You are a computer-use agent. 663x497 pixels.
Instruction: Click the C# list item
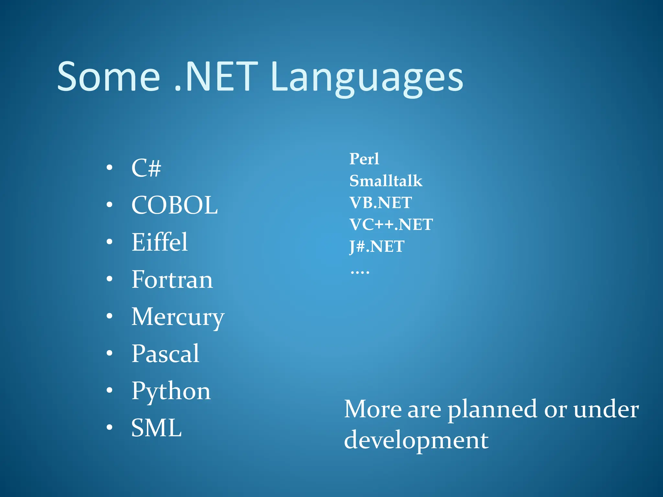click(146, 168)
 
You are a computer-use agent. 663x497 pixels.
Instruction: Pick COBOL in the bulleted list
click(174, 205)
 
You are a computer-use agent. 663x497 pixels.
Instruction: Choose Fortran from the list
click(172, 280)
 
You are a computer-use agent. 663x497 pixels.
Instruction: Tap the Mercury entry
click(178, 317)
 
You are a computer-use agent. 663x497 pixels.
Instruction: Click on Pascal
click(165, 354)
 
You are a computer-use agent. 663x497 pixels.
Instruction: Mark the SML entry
click(156, 428)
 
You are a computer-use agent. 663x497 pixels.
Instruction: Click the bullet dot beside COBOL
click(110, 204)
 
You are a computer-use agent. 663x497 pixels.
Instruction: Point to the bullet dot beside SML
click(110, 427)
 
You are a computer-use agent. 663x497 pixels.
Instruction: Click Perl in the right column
click(364, 159)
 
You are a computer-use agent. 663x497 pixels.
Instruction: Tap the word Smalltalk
click(386, 181)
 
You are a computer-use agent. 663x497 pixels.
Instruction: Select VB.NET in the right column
click(380, 203)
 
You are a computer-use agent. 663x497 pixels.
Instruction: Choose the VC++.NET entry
click(391, 225)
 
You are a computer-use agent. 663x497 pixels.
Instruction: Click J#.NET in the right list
click(376, 247)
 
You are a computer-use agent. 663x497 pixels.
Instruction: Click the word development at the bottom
click(416, 441)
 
